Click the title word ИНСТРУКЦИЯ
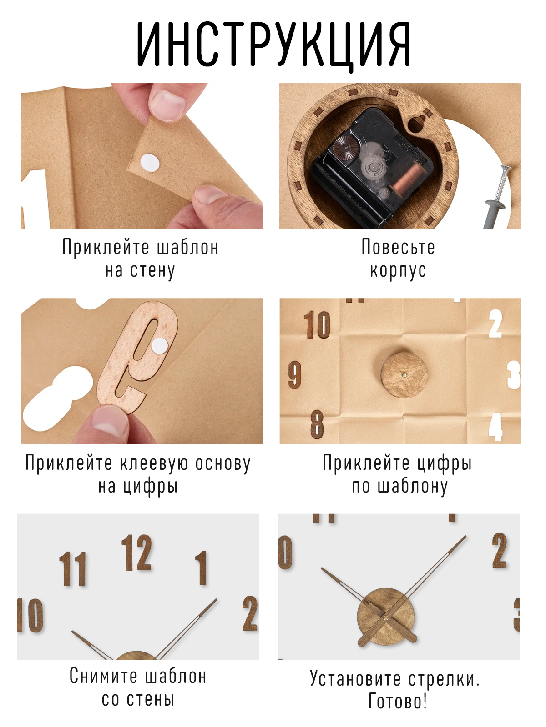[274, 44]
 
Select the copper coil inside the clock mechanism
[407, 177]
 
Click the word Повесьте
[398, 247]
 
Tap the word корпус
[398, 271]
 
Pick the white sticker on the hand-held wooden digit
[160, 346]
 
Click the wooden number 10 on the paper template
[317, 325]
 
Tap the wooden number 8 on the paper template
[317, 424]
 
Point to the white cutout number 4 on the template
[495, 426]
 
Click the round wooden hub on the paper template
[404, 375]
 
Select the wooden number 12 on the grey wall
[136, 553]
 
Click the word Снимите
[103, 676]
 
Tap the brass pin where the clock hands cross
[386, 617]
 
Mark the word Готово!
[398, 702]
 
